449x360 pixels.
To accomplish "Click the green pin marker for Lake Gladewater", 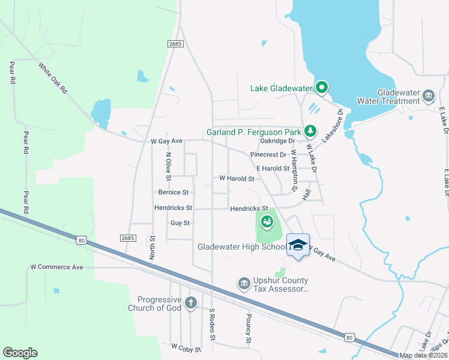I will [x=321, y=88].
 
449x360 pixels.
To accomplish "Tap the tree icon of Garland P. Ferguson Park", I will [x=310, y=130].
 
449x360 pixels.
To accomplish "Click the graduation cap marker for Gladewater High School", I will [x=297, y=245].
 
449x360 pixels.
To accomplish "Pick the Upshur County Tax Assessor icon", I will [x=243, y=283].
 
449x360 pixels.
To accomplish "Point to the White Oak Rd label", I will [x=53, y=77].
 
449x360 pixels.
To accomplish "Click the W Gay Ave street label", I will [x=166, y=141].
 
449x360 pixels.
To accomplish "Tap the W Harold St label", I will [x=237, y=178].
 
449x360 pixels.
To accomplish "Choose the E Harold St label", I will [x=273, y=169].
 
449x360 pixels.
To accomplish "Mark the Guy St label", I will [x=180, y=223].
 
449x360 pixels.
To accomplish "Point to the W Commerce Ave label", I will [x=56, y=266].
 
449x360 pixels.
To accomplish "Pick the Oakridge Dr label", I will [x=277, y=141].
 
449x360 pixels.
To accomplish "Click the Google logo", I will [x=20, y=352].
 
